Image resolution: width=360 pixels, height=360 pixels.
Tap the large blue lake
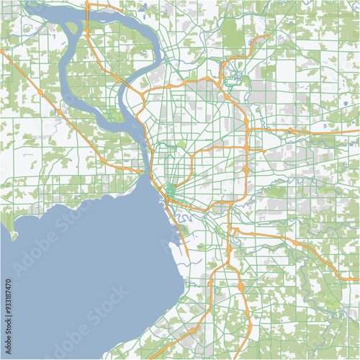(x=79, y=266)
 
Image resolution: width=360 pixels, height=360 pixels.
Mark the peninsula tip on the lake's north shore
(x=12, y=234)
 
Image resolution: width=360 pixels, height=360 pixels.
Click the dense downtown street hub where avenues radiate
(x=171, y=191)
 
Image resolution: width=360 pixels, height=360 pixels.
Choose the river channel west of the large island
(x=65, y=72)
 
